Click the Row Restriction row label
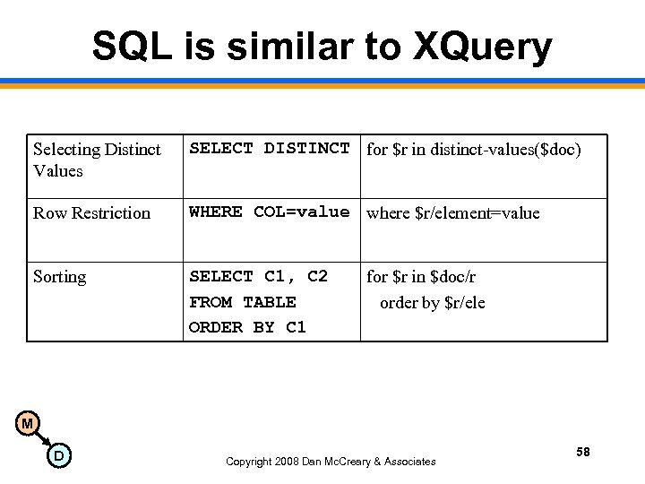pos(91,213)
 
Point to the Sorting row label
pos(59,277)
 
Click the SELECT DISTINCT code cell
pos(270,149)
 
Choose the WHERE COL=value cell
pos(270,212)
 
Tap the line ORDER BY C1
pos(247,327)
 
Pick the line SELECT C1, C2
pos(258,277)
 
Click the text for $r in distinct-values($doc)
pos(474,150)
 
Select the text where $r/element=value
pos(453,213)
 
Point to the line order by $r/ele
pos(432,303)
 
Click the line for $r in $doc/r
pos(421,277)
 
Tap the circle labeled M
pos(28,423)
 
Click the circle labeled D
pos(58,456)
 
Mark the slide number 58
pos(583,453)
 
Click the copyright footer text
pos(331,462)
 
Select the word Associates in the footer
pos(406,462)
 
